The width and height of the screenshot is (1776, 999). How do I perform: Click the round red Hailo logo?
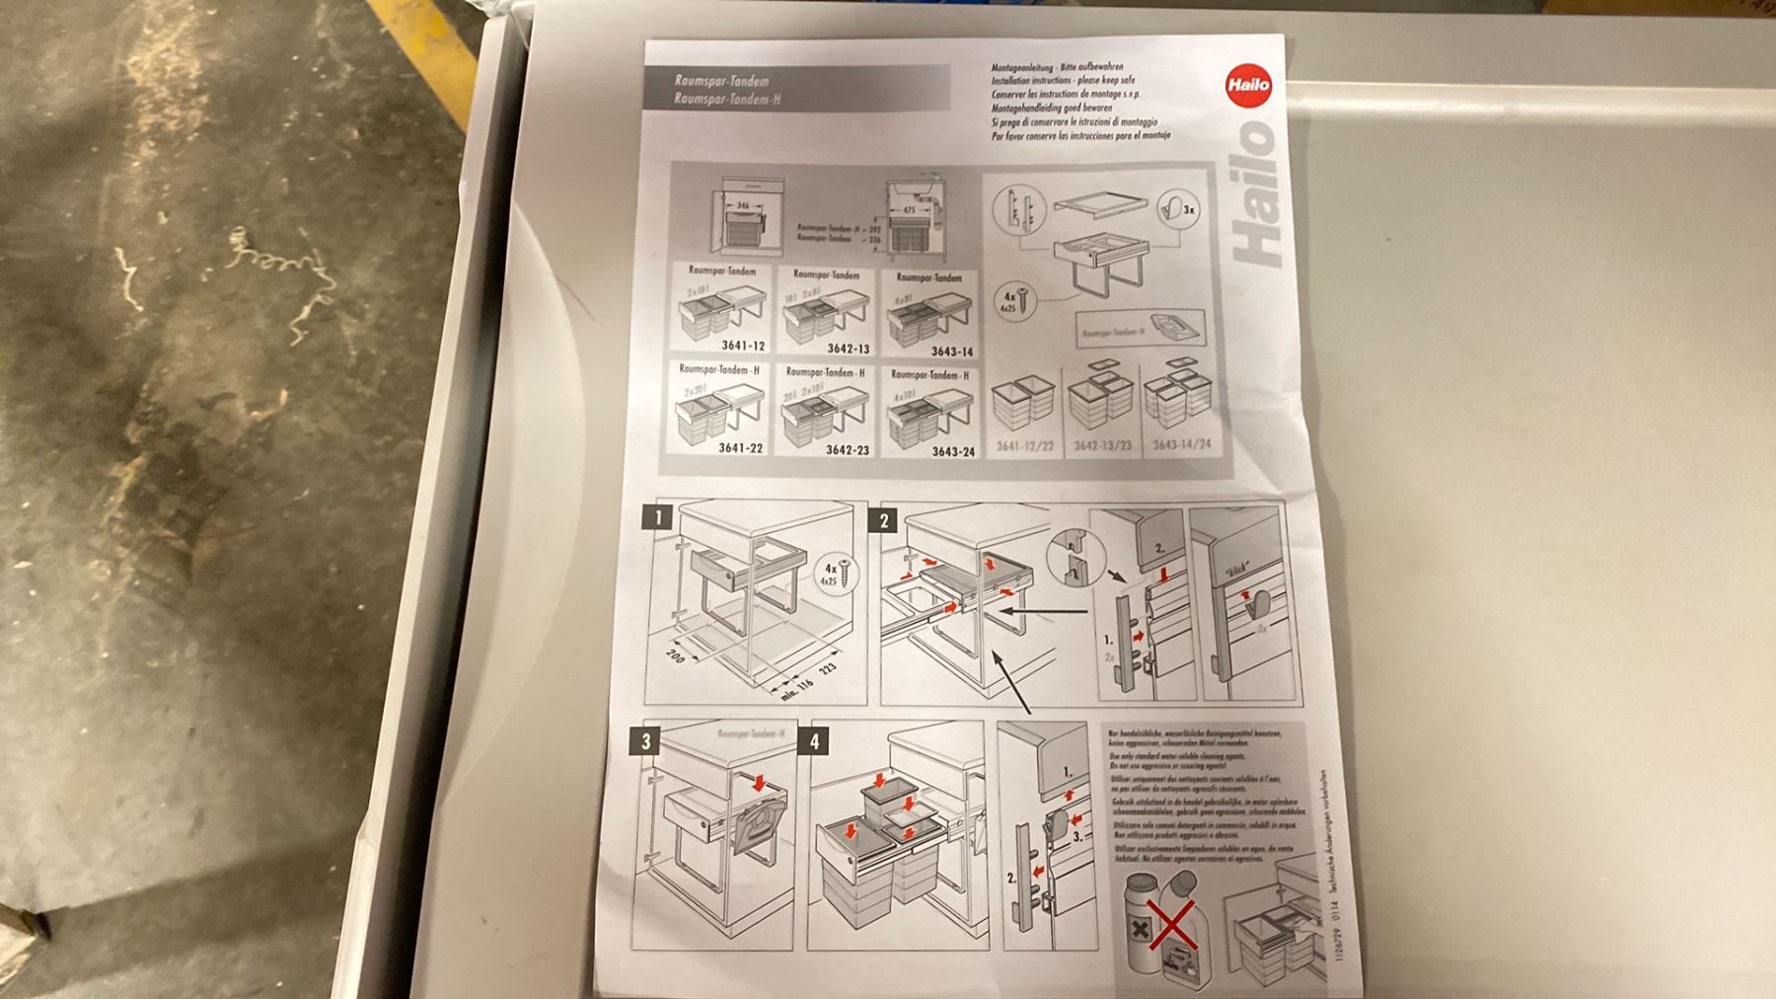(1249, 84)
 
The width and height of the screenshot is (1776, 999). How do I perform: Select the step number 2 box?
(883, 521)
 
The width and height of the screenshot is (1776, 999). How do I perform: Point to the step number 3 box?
(646, 740)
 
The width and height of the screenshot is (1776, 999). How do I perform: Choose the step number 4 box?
(814, 740)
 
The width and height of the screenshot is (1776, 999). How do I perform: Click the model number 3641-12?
(743, 346)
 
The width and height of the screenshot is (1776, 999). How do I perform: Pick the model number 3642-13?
(849, 348)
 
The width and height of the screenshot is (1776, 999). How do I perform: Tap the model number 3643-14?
(952, 351)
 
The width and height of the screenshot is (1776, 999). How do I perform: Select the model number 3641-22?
(740, 448)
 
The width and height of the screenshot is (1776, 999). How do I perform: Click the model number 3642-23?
(848, 450)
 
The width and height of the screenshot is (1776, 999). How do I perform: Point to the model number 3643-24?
(953, 452)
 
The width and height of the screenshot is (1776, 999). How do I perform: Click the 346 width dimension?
(743, 206)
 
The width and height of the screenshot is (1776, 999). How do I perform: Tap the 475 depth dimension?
(910, 210)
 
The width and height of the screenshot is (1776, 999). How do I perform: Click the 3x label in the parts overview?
(1189, 210)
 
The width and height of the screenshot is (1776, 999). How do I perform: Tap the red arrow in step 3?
(759, 783)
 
